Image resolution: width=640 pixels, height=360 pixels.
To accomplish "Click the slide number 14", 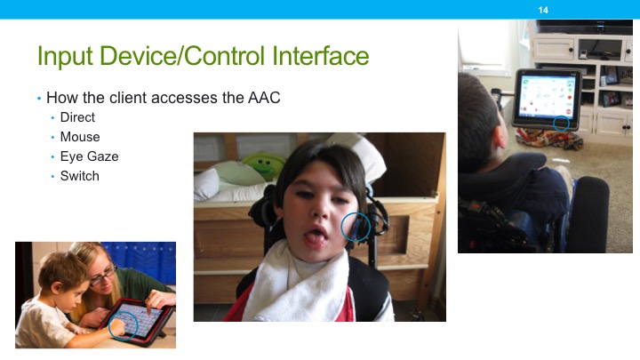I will pyautogui.click(x=543, y=9).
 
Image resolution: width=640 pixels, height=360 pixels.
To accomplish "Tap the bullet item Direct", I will pyautogui.click(x=77, y=117).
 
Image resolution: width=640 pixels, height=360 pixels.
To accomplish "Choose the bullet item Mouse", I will pyautogui.click(x=80, y=137).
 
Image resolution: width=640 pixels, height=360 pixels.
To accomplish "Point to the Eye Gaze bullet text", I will pyautogui.click(x=89, y=156).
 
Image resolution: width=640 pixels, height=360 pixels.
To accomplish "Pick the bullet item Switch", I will pyautogui.click(x=80, y=176).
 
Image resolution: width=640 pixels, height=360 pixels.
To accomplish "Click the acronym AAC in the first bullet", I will pyautogui.click(x=264, y=98).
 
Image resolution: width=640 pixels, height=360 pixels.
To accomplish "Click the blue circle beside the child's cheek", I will pyautogui.click(x=356, y=227).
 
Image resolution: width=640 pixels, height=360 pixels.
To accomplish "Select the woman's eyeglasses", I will pyautogui.click(x=102, y=275).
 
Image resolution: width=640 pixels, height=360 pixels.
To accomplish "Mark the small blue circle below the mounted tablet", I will pyautogui.click(x=561, y=123).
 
